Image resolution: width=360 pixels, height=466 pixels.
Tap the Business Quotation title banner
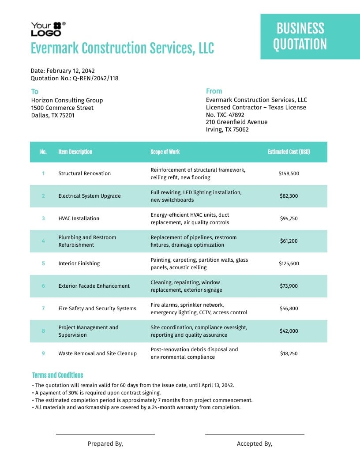(x=300, y=36)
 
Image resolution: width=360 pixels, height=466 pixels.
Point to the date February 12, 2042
(x=71, y=71)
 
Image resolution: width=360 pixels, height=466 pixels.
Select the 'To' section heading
(x=34, y=91)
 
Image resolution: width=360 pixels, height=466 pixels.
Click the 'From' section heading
(x=214, y=91)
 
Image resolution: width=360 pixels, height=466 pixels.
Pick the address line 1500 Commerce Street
(x=62, y=108)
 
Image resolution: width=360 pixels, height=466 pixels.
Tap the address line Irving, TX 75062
(x=227, y=129)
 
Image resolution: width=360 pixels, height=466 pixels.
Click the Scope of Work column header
(x=165, y=152)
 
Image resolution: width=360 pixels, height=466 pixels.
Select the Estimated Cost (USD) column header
(x=289, y=152)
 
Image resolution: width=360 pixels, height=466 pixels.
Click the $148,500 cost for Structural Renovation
(x=289, y=173)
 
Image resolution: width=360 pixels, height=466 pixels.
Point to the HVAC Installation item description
(x=79, y=218)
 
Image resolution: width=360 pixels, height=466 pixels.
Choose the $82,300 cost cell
(x=289, y=196)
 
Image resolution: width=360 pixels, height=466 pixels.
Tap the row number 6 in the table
(x=43, y=286)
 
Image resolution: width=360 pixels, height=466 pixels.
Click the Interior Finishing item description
(x=79, y=263)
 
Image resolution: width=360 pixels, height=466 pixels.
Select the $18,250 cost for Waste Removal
(x=289, y=353)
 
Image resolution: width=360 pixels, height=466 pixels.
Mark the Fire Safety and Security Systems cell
(x=97, y=308)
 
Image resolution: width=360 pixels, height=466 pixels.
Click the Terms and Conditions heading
(x=57, y=375)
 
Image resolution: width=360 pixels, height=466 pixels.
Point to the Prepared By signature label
(x=105, y=444)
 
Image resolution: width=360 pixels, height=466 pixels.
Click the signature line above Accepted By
(x=255, y=434)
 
